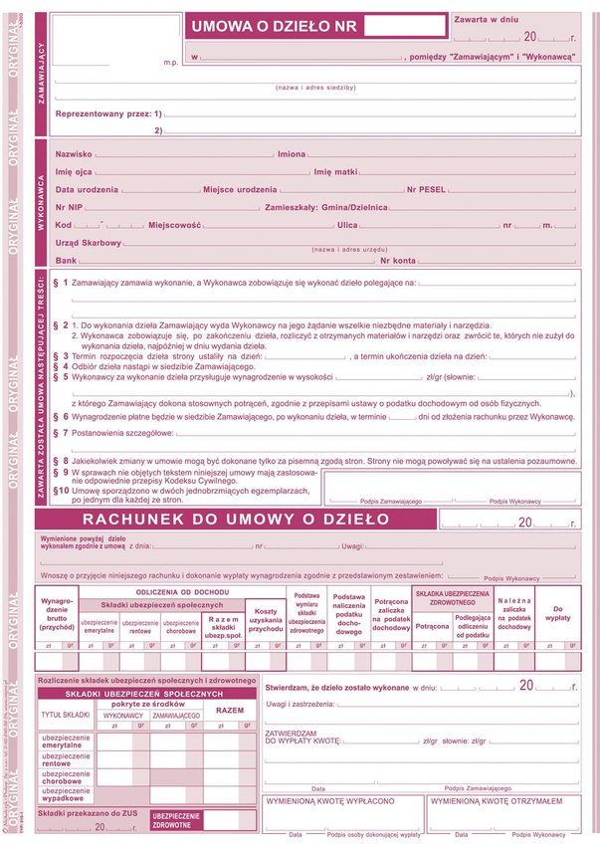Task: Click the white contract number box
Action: pos(405,26)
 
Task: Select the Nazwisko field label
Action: pos(75,154)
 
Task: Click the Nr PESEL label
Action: pos(426,189)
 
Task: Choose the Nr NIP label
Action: pos(69,207)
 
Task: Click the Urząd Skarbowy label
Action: pos(89,242)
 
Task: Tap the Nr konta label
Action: pos(398,260)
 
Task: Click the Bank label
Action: pos(67,260)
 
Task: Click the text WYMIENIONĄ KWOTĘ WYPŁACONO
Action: pos(329,800)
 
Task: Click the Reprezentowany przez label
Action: pos(108,113)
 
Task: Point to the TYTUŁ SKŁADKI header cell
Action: pos(67,715)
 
